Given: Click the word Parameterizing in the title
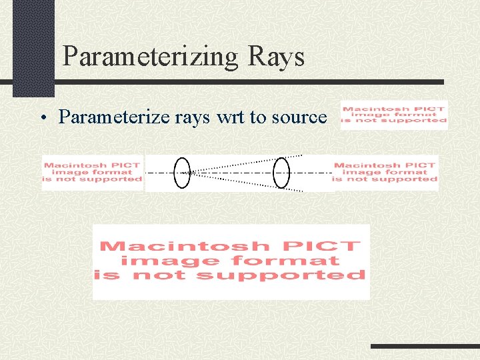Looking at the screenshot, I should pyautogui.click(x=149, y=57).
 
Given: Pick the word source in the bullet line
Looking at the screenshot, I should pyautogui.click(x=298, y=117).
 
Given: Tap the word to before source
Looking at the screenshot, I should pyautogui.click(x=258, y=117).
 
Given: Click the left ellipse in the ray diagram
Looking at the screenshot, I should pyautogui.click(x=181, y=173).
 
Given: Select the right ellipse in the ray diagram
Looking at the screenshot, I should pyautogui.click(x=282, y=173).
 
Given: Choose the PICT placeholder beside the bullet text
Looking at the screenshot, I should pyautogui.click(x=393, y=115).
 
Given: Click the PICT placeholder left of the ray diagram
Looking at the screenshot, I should pyautogui.click(x=92, y=172).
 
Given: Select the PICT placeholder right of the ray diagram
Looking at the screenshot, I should pyautogui.click(x=385, y=172).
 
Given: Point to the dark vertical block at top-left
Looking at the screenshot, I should pyautogui.click(x=33, y=47).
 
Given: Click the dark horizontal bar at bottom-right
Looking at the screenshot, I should pyautogui.click(x=425, y=347).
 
